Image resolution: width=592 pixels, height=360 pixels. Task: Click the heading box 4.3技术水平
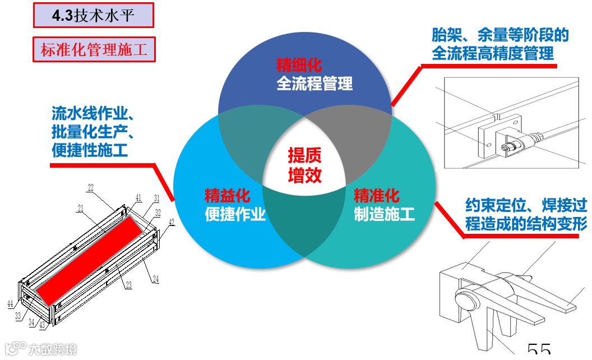[x=93, y=16]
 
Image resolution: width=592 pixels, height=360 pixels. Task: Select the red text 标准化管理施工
[x=94, y=50]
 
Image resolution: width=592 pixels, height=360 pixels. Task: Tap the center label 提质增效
[x=305, y=165]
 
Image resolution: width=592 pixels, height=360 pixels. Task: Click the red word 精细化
[x=299, y=64]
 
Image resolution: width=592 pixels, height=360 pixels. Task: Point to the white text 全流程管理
[x=314, y=84]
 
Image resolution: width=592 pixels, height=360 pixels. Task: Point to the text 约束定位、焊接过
[x=526, y=205]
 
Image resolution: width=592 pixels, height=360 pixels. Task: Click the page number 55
[x=539, y=350]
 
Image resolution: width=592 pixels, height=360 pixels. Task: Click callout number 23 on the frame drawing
[x=129, y=284]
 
